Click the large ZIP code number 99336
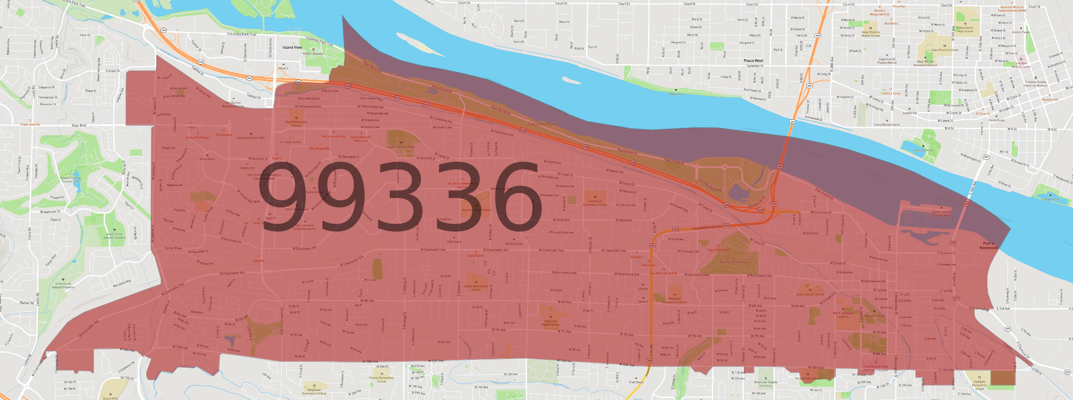click(401, 197)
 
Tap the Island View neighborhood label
click(292, 47)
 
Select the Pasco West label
click(753, 61)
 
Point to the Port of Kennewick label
click(989, 246)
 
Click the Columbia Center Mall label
click(250, 138)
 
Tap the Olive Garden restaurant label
click(224, 135)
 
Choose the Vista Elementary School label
click(296, 123)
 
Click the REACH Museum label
click(313, 54)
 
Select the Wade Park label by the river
click(676, 94)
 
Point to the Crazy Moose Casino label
click(887, 125)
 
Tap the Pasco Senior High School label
click(965, 30)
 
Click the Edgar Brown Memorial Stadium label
click(925, 63)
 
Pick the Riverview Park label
click(923, 150)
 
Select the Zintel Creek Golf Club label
click(734, 262)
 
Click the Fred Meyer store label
click(636, 382)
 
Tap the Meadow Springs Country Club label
click(71, 180)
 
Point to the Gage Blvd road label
click(79, 126)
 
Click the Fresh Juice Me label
click(30, 124)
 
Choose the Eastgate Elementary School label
click(980, 385)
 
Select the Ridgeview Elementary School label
click(314, 391)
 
